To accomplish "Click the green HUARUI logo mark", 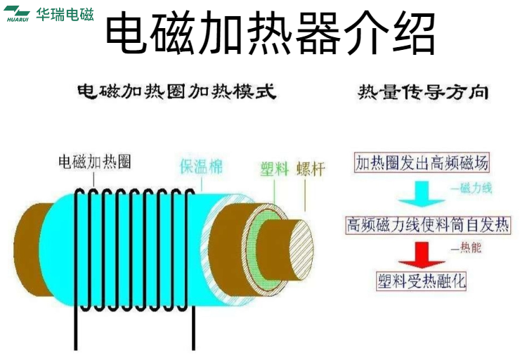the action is click(17, 13).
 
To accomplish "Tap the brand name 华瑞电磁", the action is click(65, 15).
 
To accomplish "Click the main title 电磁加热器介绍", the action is click(271, 32).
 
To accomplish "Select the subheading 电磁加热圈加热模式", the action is click(177, 91).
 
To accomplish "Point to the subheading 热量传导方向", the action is click(423, 92).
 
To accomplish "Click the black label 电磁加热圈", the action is click(95, 162).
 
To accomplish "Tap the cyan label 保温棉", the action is click(202, 166).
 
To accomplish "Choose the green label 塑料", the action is click(275, 169).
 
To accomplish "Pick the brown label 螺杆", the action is click(311, 169).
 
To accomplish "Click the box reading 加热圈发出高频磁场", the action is click(422, 163).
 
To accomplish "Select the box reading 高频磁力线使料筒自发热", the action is click(428, 225).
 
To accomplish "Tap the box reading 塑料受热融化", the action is click(422, 281).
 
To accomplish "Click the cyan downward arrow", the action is click(422, 194).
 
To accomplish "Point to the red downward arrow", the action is click(422, 255).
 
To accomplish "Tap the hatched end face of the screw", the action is click(301, 250).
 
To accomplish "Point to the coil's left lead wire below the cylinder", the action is click(76, 329).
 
